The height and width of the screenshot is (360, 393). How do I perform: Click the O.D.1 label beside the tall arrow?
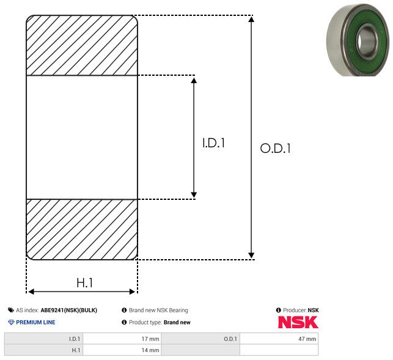tap(276, 148)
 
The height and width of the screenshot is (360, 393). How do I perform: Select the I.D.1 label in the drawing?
tap(213, 143)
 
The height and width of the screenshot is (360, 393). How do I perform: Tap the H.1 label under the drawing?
tap(85, 282)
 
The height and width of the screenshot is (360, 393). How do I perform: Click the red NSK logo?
tap(298, 322)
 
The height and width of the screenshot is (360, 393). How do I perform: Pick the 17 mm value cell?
tap(122, 339)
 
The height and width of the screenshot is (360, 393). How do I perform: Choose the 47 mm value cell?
tap(279, 339)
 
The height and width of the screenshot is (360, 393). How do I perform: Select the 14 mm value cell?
tap(122, 350)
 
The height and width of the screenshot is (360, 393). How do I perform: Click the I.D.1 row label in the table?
tap(43, 339)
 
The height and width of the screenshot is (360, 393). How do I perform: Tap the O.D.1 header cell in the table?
tap(200, 339)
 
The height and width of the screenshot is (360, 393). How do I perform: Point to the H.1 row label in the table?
tap(43, 350)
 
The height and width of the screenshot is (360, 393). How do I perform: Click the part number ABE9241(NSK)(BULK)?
tap(69, 310)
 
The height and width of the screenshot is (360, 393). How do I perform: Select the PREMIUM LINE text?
tap(35, 322)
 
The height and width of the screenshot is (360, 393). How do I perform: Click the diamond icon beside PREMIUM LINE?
tap(11, 322)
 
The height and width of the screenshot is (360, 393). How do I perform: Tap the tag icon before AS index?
tap(11, 310)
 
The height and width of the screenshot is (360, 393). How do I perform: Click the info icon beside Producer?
tap(279, 310)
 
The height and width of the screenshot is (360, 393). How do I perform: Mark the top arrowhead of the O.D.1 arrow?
tap(251, 19)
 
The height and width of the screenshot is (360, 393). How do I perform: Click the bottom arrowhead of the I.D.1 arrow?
tap(194, 194)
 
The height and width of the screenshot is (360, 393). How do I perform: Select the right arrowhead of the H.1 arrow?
tap(132, 292)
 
